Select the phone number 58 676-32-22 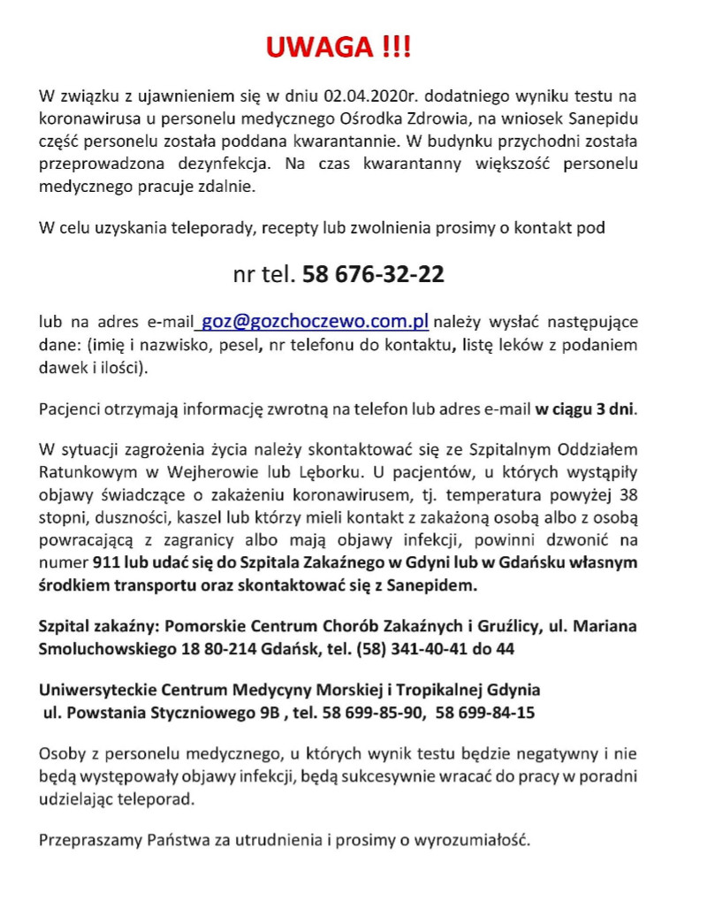point(373,274)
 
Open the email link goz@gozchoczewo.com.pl point(316,321)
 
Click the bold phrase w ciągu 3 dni point(584,409)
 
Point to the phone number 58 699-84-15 point(484,712)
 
